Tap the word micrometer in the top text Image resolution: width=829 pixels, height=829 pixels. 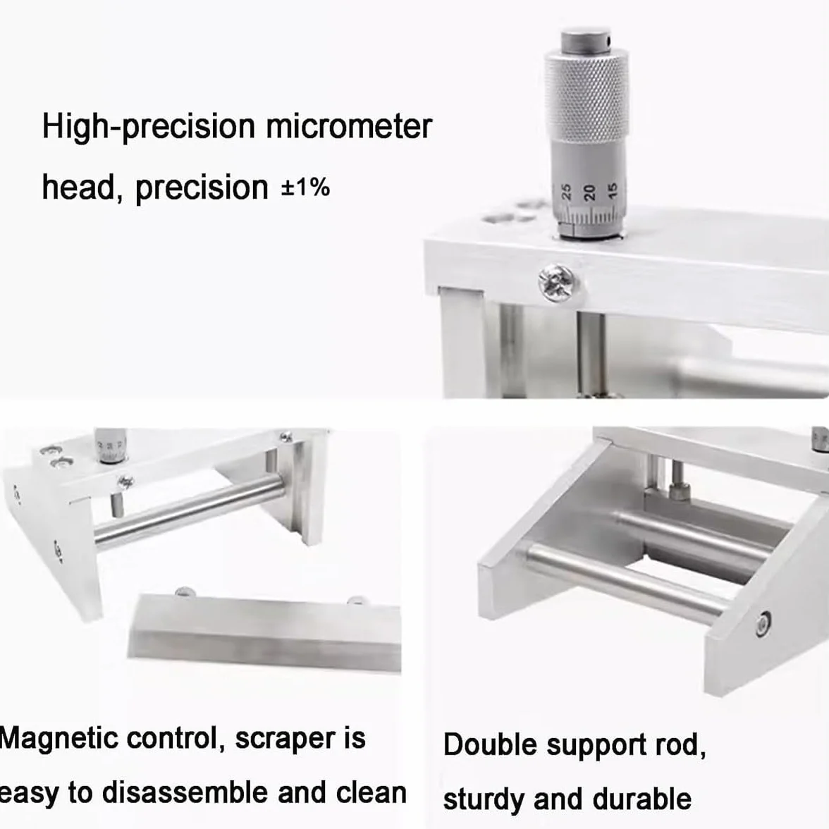349,126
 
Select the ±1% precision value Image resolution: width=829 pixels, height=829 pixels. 305,188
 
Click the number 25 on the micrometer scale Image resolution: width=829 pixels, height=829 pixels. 566,192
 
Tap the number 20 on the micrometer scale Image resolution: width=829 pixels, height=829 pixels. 589,192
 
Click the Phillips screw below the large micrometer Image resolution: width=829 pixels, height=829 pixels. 557,282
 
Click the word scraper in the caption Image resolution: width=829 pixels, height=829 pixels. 285,739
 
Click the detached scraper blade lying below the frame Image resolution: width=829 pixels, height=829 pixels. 264,632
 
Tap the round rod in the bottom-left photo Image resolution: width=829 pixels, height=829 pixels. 189,510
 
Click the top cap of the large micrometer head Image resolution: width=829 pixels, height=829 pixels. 586,39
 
